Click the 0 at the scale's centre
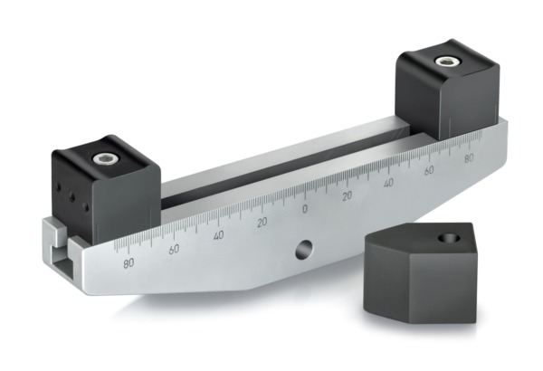click(304, 209)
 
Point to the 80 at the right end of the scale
click(468, 159)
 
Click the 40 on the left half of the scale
click(218, 234)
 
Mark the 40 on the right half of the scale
click(388, 183)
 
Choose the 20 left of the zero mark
click(262, 222)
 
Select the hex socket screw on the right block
click(444, 62)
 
